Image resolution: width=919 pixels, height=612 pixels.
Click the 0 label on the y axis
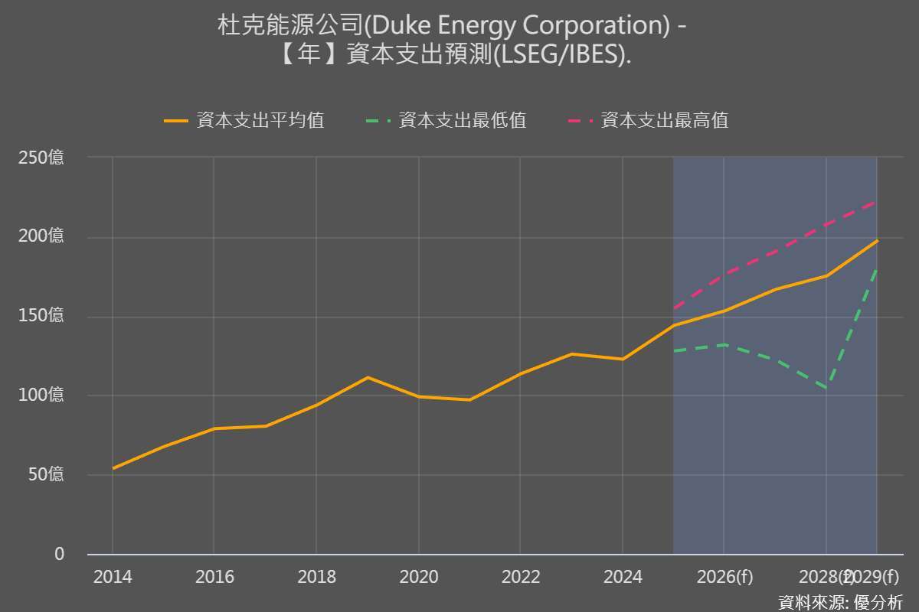(x=59, y=554)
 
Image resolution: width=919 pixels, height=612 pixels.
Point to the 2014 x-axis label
(x=113, y=577)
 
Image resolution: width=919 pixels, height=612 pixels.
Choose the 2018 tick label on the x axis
(x=316, y=577)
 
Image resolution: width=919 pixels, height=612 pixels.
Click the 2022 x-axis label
(x=520, y=577)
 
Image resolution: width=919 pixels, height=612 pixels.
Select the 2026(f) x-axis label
(x=724, y=577)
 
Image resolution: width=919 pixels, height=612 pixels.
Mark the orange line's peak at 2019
(x=368, y=377)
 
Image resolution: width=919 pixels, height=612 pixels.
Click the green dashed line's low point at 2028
(x=826, y=388)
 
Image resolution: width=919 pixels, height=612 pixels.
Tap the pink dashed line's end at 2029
(x=877, y=201)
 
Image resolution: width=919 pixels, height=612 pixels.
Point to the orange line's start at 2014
(x=113, y=468)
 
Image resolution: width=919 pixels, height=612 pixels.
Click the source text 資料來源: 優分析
(x=840, y=601)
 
